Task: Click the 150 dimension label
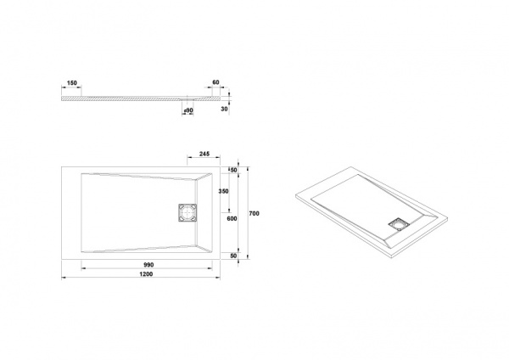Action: tap(72, 83)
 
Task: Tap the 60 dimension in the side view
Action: tap(215, 82)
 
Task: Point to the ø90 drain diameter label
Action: tap(188, 110)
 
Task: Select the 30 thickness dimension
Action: tap(224, 110)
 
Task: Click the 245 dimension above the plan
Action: tap(204, 154)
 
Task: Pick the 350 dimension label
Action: tap(223, 191)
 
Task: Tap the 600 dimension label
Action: tap(232, 219)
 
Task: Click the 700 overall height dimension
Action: tap(255, 213)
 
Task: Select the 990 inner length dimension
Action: tap(148, 265)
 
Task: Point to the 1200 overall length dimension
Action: tap(146, 274)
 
